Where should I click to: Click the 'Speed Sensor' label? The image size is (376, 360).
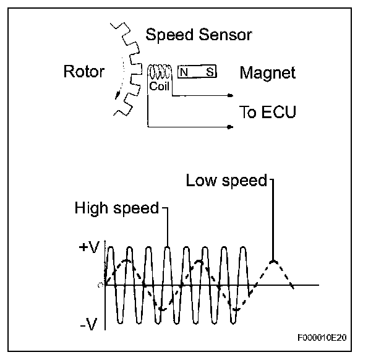point(199,35)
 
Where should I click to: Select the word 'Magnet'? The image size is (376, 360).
point(267,73)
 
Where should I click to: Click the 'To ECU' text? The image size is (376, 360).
point(268,112)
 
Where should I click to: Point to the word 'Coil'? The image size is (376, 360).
point(159,87)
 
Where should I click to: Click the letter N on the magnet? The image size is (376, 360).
point(184,72)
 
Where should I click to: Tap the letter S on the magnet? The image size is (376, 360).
point(210,72)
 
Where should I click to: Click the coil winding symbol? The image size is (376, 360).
point(159,71)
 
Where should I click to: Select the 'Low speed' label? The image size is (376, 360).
point(226,181)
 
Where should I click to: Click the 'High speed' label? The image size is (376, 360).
point(117,208)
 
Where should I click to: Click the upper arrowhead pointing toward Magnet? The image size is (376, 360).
point(230,96)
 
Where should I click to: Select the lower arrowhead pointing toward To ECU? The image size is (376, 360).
point(230,127)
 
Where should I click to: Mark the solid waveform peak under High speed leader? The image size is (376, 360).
point(168,248)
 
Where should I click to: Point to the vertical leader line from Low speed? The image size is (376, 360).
point(273,216)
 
